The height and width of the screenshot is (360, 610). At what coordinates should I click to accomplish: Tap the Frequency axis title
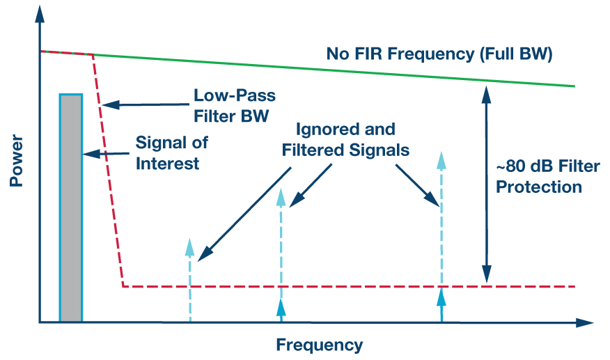coord(320,345)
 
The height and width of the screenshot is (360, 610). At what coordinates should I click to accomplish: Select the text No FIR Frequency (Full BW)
coord(439,54)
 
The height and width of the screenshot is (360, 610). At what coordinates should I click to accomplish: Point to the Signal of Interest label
coord(171,153)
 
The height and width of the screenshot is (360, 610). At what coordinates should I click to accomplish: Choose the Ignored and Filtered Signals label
coord(345,139)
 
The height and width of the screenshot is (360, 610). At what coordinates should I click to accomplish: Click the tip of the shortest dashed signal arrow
coord(189,240)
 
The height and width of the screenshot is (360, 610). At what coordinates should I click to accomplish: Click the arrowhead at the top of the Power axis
coord(40,10)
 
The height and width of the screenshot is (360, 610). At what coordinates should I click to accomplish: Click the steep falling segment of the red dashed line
coord(109,174)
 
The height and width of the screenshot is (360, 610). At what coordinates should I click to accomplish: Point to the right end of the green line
coord(574,86)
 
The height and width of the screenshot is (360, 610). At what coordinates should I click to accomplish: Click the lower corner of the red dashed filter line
coord(123,286)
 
